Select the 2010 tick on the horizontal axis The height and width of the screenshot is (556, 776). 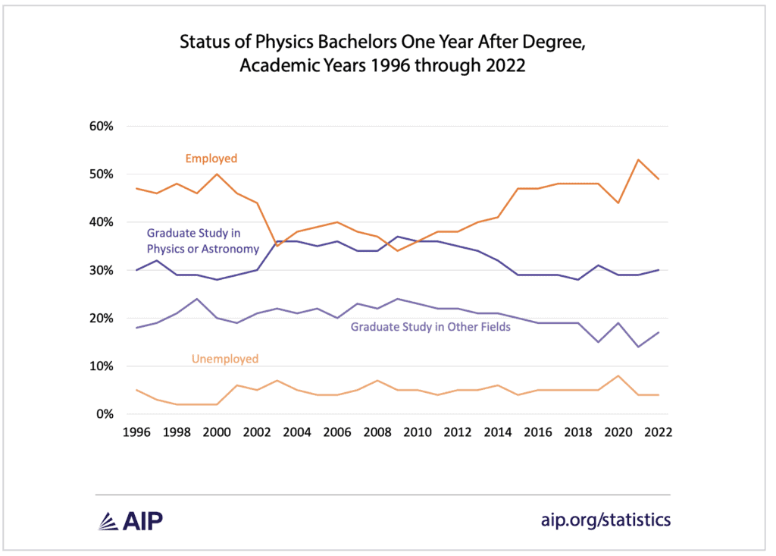[x=417, y=432]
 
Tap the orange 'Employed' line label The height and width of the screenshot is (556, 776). [x=211, y=159]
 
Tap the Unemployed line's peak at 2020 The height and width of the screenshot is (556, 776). [x=619, y=375]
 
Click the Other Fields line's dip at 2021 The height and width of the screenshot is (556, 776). [x=639, y=347]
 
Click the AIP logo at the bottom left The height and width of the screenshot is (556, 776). [x=130, y=520]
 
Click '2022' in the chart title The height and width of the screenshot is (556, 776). [x=504, y=65]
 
